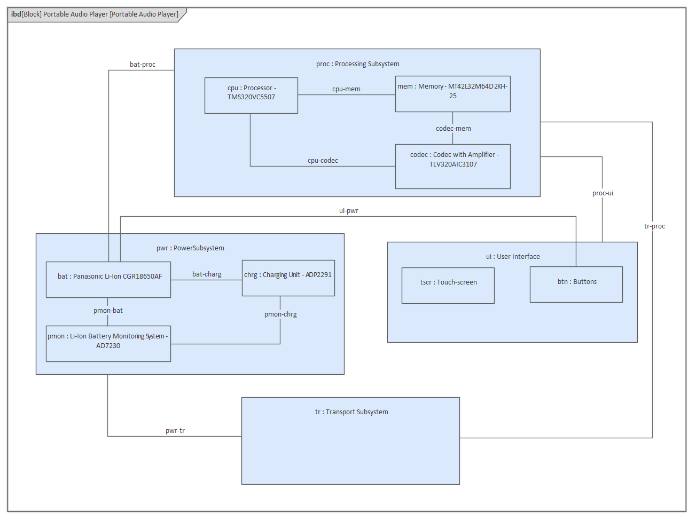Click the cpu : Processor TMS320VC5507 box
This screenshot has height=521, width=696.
click(251, 96)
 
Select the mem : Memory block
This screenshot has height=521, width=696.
click(452, 94)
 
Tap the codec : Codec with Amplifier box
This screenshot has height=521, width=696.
click(452, 167)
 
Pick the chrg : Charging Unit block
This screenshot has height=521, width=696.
click(288, 278)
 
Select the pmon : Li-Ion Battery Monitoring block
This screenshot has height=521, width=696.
click(108, 344)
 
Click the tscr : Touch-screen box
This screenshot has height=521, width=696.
click(448, 286)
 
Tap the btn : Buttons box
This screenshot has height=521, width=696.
click(576, 285)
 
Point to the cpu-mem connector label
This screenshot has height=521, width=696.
click(346, 89)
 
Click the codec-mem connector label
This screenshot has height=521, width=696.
click(453, 129)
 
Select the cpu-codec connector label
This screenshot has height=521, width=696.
click(323, 161)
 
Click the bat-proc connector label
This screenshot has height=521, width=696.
click(143, 65)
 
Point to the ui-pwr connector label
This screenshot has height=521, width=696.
click(348, 211)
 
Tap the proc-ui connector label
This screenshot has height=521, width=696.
click(603, 193)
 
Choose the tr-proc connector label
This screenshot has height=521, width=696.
click(654, 226)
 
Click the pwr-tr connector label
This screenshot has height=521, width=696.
click(175, 431)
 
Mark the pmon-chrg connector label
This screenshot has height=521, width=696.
click(280, 314)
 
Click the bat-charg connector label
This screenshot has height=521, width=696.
click(207, 274)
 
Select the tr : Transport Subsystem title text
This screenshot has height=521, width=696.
click(351, 412)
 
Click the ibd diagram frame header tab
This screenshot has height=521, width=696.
click(95, 14)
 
